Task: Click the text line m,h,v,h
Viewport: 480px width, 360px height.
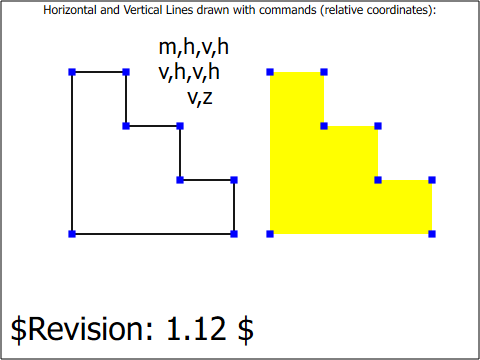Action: pyautogui.click(x=194, y=47)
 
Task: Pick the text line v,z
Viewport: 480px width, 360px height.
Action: pyautogui.click(x=200, y=98)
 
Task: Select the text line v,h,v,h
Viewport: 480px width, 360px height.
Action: pyautogui.click(x=189, y=72)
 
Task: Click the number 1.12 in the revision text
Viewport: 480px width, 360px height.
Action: pyautogui.click(x=196, y=329)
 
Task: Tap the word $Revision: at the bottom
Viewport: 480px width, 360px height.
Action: pyautogui.click(x=82, y=329)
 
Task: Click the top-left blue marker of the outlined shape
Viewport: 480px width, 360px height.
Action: pyautogui.click(x=72, y=72)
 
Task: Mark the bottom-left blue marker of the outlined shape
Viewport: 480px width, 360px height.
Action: pyautogui.click(x=72, y=234)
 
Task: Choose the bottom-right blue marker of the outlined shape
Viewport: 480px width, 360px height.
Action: pyautogui.click(x=234, y=234)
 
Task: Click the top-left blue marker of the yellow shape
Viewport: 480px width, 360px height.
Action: pyautogui.click(x=270, y=72)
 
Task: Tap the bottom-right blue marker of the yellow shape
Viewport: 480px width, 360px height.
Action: pyautogui.click(x=432, y=234)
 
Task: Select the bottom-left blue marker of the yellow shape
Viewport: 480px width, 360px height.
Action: pyautogui.click(x=270, y=234)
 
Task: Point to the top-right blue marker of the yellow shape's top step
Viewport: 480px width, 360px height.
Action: pyautogui.click(x=324, y=72)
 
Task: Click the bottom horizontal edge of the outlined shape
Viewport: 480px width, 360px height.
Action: pyautogui.click(x=153, y=234)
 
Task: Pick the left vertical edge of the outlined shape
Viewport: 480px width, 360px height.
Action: pyautogui.click(x=72, y=153)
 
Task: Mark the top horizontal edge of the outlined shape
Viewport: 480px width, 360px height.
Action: pyautogui.click(x=99, y=72)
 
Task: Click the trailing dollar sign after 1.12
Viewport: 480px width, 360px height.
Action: pyautogui.click(x=246, y=329)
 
